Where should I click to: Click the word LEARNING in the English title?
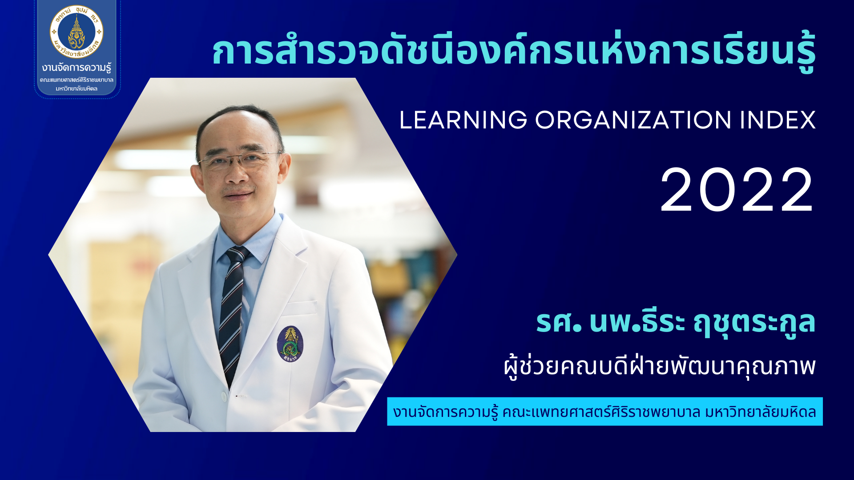(x=463, y=120)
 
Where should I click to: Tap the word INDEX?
(x=778, y=120)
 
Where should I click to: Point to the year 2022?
(x=737, y=190)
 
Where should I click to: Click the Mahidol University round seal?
(x=77, y=32)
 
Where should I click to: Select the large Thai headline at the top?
(x=514, y=51)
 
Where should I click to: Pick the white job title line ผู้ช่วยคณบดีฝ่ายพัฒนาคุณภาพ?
(x=660, y=366)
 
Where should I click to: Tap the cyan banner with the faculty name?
(x=605, y=412)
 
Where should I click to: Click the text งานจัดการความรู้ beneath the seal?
(x=77, y=68)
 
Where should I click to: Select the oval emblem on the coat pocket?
(x=290, y=344)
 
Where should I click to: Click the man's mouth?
(x=239, y=195)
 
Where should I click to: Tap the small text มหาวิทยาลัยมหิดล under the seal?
(x=77, y=88)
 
